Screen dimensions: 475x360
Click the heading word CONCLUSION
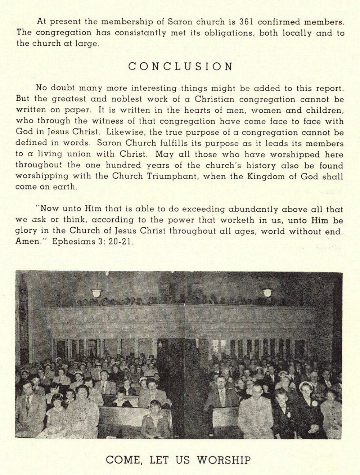click(180, 67)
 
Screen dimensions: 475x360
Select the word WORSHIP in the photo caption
click(224, 460)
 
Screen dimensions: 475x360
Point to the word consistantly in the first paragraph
click(141, 33)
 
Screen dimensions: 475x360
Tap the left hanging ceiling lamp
click(96, 292)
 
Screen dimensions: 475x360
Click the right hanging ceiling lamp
click(267, 291)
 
